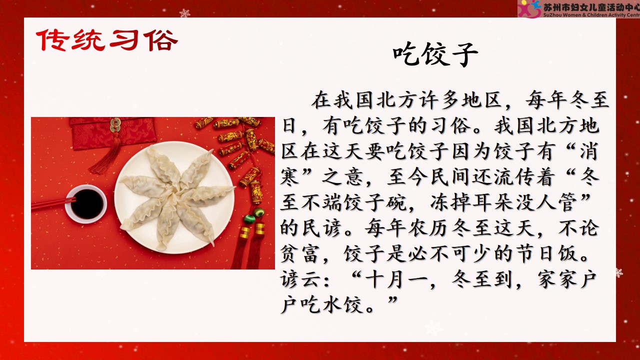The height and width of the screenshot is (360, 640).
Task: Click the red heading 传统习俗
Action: [107, 40]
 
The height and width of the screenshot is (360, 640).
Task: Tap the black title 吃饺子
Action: [435, 54]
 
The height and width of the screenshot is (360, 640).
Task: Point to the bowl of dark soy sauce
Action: [86, 203]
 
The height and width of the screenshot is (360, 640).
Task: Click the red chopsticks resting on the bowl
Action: [53, 203]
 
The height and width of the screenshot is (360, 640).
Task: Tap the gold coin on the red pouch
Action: [115, 123]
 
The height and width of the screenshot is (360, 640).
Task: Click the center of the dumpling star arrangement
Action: [175, 194]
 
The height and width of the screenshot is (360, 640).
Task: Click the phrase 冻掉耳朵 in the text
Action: [473, 202]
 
